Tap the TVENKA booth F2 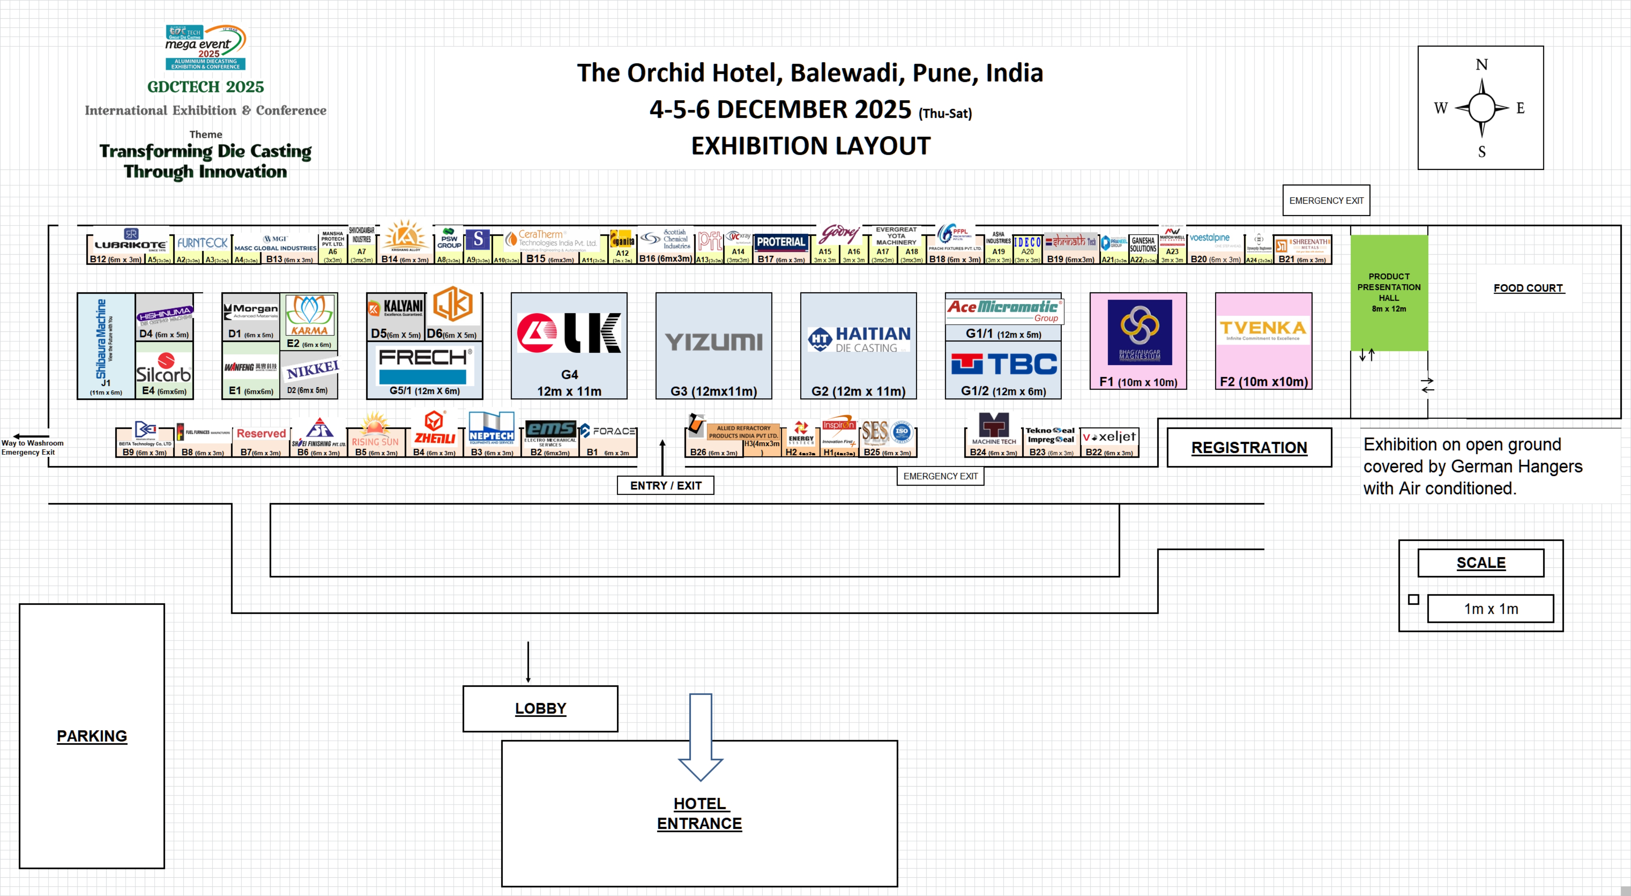coord(1263,341)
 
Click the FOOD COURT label coord(1528,288)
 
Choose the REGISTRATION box coord(1248,448)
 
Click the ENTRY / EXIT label coord(665,486)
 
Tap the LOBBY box coord(540,709)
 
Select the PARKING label coord(92,736)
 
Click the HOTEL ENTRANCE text coord(699,813)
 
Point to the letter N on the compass coord(1481,64)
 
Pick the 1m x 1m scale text coord(1491,608)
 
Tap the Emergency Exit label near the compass coord(1326,201)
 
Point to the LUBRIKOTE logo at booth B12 coord(130,244)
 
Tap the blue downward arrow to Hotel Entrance coord(700,738)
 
